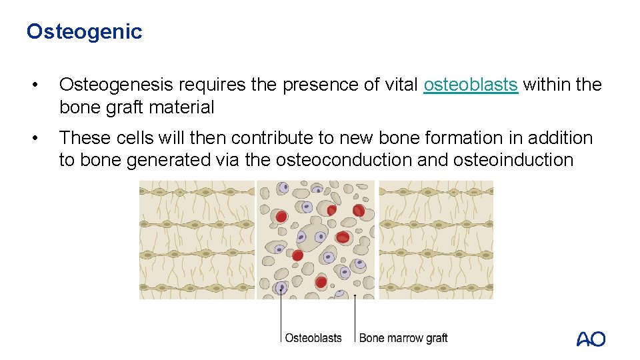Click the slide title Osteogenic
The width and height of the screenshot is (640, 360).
pyautogui.click(x=84, y=31)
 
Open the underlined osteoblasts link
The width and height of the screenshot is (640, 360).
pyautogui.click(x=471, y=85)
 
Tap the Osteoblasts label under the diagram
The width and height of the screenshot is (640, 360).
pyautogui.click(x=313, y=338)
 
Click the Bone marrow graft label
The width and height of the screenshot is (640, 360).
pyautogui.click(x=403, y=338)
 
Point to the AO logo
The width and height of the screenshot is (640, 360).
pyautogui.click(x=591, y=339)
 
